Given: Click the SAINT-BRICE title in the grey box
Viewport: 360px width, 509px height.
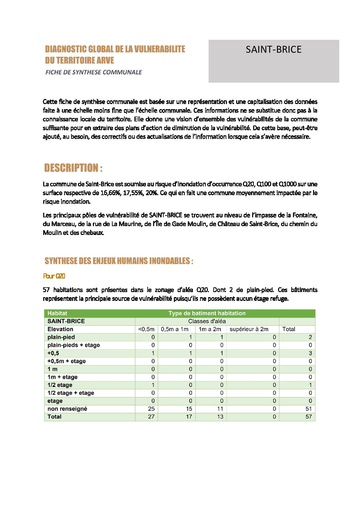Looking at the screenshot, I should (274, 50).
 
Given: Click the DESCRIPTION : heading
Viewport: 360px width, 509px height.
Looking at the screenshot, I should (73, 168).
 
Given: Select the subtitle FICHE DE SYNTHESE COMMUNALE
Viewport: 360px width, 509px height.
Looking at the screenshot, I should (94, 72).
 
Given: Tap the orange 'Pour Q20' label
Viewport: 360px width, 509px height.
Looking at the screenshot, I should (54, 276).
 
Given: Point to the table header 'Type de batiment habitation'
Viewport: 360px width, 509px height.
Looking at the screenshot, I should (207, 313).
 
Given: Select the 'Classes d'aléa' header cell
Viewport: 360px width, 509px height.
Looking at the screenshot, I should (207, 321).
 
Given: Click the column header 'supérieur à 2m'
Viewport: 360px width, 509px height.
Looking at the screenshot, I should (249, 329).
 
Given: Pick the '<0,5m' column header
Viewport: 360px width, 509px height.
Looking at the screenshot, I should (146, 329).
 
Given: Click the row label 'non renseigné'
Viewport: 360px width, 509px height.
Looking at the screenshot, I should (67, 409).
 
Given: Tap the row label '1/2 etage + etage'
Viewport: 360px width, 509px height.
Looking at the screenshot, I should (71, 393).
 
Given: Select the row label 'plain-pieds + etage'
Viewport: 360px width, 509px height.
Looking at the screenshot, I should (74, 345).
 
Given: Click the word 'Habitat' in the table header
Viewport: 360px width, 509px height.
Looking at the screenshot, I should (58, 313).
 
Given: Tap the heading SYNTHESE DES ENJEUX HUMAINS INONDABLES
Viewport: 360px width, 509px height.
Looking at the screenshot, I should (119, 261).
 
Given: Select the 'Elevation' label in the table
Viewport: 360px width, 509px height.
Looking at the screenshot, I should (61, 329).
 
